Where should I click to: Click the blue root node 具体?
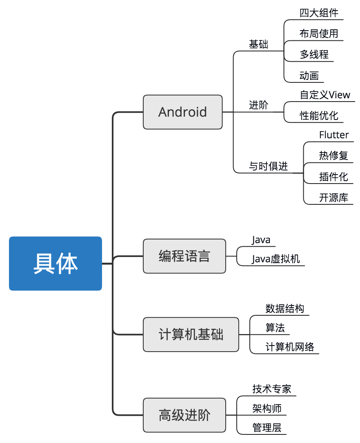tap(56, 264)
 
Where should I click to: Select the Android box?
tap(182, 112)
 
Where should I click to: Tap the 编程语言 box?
tap(184, 256)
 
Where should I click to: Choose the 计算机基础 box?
tap(191, 334)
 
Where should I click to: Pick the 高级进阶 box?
tap(184, 415)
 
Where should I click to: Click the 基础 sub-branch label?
tap(258, 44)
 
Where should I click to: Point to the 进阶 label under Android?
tap(258, 105)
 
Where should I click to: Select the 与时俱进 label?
tap(268, 166)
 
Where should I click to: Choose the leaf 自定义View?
tap(325, 95)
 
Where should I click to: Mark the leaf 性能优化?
tap(319, 116)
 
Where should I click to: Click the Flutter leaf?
tap(334, 135)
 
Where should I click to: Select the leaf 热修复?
tap(333, 156)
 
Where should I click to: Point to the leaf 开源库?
tap(333, 198)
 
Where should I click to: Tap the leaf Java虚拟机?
tap(276, 259)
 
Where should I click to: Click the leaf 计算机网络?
tap(290, 347)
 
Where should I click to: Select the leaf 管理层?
tap(267, 428)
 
